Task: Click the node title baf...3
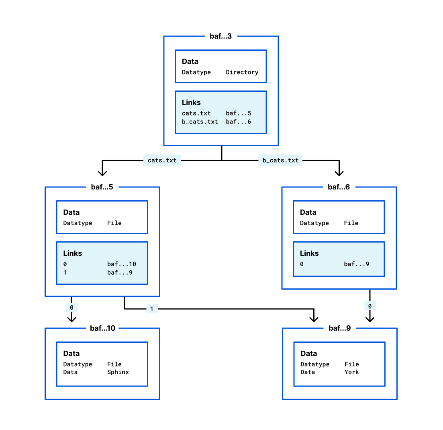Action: (x=220, y=36)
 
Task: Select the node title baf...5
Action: (x=102, y=187)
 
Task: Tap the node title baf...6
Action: (x=339, y=187)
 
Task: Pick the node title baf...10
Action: (x=102, y=328)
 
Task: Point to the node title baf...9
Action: (x=340, y=328)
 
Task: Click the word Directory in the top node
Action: (x=242, y=72)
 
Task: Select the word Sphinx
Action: (x=118, y=372)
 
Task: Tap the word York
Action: (x=351, y=372)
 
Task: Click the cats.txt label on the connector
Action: (x=162, y=160)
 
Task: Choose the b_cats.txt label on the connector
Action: (x=280, y=160)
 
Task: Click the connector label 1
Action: (x=152, y=309)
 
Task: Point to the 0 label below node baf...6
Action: (x=370, y=307)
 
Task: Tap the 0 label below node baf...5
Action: (x=71, y=308)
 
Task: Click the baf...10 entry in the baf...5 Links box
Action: (x=121, y=264)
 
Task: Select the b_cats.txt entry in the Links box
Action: (x=200, y=122)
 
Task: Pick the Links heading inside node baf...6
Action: (x=309, y=253)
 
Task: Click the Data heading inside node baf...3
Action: (x=190, y=62)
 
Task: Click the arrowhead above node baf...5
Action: (x=102, y=173)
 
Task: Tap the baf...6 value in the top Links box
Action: (x=239, y=122)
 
